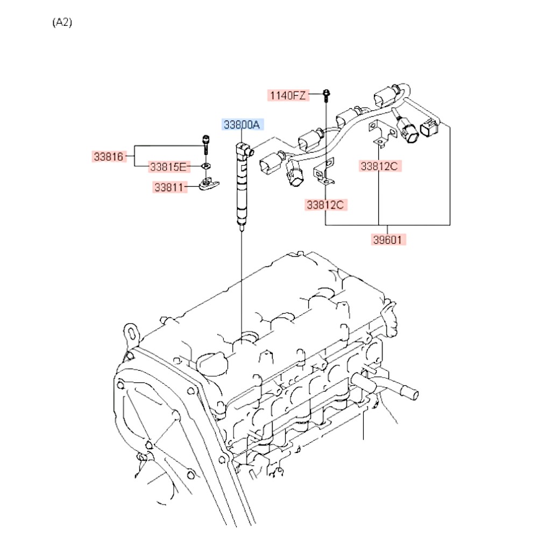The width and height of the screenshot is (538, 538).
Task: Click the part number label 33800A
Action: point(242,125)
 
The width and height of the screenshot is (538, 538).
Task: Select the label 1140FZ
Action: point(288,95)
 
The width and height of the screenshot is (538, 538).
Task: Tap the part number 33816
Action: point(109,157)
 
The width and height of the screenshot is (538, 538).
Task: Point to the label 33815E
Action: point(168,167)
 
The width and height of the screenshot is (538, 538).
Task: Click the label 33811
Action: point(169,187)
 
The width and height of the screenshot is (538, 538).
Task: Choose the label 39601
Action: point(388,239)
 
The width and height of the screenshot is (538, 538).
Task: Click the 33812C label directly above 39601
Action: point(379,166)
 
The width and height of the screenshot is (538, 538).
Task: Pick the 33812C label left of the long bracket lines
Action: point(325,205)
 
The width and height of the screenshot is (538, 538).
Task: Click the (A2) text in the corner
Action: point(62,23)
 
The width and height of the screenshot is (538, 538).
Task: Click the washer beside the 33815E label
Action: point(206,166)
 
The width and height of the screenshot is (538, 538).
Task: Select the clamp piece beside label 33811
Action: point(209,184)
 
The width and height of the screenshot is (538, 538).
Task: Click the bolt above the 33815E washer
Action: point(206,145)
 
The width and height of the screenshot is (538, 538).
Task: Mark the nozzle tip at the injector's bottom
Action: point(242,228)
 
